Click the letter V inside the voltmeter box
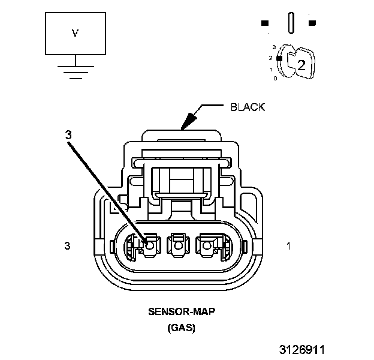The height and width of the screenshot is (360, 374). pos(75,34)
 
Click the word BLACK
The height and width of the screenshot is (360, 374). pos(248,108)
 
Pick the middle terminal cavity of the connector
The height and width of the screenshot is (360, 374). pos(177,245)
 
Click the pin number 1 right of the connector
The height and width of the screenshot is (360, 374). pos(288,245)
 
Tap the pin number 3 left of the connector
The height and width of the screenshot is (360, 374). pos(68,245)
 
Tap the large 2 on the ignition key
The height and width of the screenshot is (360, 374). pos(301,65)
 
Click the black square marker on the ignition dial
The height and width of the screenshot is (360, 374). pos(279,58)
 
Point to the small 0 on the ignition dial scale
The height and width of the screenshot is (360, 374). pos(275,79)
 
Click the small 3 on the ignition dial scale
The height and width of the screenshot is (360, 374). pos(274,46)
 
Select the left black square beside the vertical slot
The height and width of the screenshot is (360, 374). pos(264,23)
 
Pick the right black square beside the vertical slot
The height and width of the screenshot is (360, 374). pos(312,23)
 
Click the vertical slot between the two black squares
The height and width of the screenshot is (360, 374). pos(291,23)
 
